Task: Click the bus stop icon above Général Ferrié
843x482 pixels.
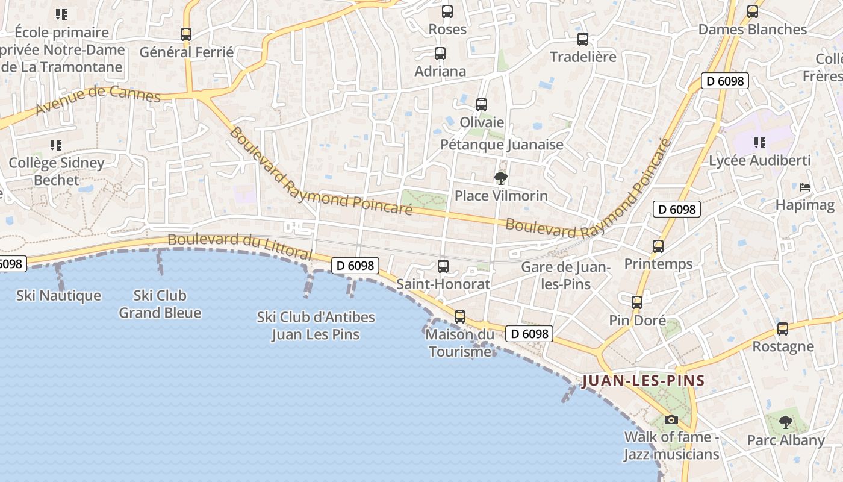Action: (x=186, y=34)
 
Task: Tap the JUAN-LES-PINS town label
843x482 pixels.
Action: (x=643, y=381)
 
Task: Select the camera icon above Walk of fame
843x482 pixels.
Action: (x=671, y=419)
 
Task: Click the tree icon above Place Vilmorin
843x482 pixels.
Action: (x=500, y=178)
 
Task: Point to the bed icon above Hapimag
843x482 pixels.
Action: (x=805, y=187)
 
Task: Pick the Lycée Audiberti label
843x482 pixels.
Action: (x=759, y=161)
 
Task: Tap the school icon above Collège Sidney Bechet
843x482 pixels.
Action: (x=56, y=145)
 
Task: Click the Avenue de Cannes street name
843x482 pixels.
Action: (x=98, y=99)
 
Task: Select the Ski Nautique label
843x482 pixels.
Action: (x=58, y=296)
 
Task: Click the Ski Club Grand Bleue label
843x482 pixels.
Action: (x=160, y=304)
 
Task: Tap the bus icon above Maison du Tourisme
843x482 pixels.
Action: (x=460, y=316)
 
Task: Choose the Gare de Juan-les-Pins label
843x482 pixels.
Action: (x=566, y=275)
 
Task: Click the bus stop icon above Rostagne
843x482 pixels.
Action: (x=783, y=329)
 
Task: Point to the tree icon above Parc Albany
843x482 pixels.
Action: (x=785, y=422)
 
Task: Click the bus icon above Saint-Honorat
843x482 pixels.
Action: (x=443, y=266)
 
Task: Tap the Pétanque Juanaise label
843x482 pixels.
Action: (x=502, y=145)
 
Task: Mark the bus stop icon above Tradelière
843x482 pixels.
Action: (x=583, y=39)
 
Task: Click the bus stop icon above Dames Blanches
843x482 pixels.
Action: (x=752, y=11)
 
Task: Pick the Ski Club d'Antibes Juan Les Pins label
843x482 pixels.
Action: (x=316, y=325)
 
